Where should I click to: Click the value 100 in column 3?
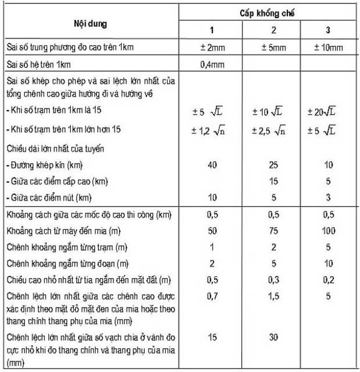tap(328, 231)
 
